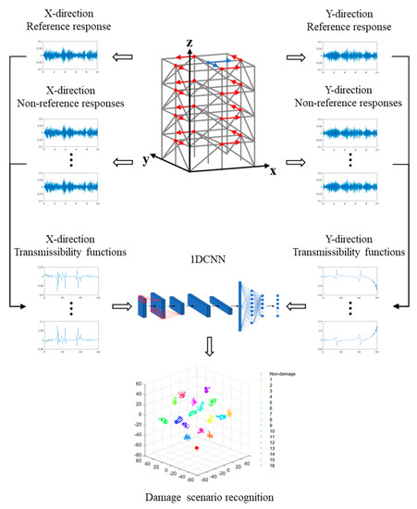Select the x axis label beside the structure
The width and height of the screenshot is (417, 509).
click(x=274, y=171)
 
